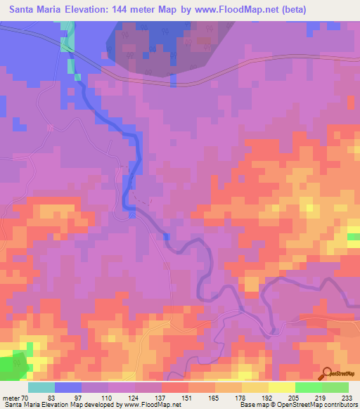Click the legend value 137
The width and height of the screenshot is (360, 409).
pyautogui.click(x=162, y=398)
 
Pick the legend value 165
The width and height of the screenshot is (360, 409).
pyautogui.click(x=216, y=398)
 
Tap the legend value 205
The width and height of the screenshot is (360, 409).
pyautogui.click(x=295, y=398)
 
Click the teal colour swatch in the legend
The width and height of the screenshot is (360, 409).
pyautogui.click(x=41, y=387)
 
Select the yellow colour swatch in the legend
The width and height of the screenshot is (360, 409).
pyautogui.click(x=281, y=387)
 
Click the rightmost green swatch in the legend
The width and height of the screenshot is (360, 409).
pyautogui.click(x=335, y=387)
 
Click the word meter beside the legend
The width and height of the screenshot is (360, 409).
pyautogui.click(x=11, y=398)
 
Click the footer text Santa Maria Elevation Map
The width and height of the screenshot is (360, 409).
pyautogui.click(x=42, y=405)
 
